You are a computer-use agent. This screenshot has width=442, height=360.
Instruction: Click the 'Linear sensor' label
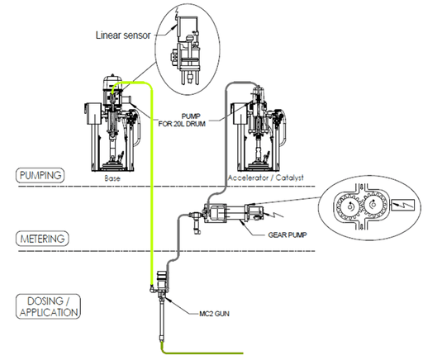coord(123,36)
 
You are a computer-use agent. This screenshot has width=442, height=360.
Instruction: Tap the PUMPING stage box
coord(40,176)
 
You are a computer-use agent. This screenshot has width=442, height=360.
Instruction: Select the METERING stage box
coord(42,239)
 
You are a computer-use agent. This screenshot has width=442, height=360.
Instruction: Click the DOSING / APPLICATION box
coord(48,306)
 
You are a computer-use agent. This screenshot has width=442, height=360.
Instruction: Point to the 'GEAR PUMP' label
coord(288,235)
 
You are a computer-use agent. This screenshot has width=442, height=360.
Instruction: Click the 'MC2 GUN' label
coord(214,314)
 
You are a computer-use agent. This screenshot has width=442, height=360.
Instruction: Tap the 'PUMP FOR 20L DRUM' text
coord(182,120)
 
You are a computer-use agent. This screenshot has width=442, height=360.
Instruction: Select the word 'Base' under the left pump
coord(112,178)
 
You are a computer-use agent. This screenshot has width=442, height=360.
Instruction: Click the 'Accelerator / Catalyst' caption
coord(265,178)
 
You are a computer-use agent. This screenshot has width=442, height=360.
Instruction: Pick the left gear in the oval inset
coord(349,206)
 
